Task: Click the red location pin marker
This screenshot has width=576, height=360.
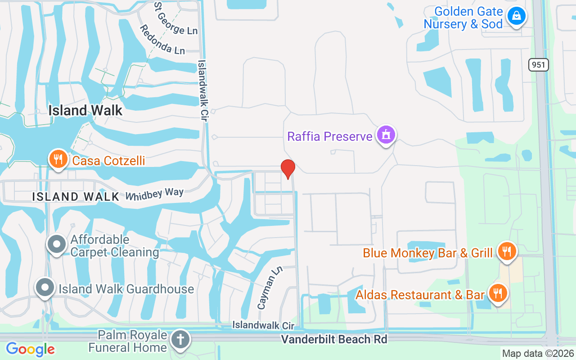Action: (288, 169)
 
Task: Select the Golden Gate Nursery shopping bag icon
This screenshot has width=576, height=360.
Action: (516, 16)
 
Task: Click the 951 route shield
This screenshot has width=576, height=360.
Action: (538, 65)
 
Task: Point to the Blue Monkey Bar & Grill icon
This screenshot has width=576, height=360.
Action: (507, 252)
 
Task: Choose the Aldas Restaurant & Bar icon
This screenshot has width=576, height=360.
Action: (498, 293)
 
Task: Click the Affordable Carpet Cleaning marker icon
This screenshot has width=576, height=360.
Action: (57, 244)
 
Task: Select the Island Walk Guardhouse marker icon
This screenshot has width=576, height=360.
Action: (45, 288)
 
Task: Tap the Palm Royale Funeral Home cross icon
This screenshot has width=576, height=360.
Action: (181, 340)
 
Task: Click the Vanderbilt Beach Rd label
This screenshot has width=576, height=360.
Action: (334, 339)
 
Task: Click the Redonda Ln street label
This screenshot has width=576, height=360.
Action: (162, 40)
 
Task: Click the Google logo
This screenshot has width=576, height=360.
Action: (30, 349)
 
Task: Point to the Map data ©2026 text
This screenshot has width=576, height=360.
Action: (538, 353)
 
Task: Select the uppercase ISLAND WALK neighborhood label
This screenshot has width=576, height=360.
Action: (76, 196)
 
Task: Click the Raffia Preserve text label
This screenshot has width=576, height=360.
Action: (330, 136)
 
